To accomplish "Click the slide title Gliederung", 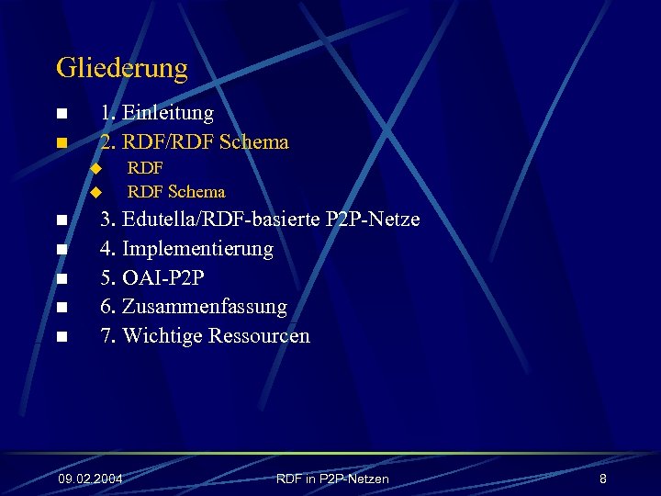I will tap(121, 68).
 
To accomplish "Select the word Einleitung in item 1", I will tap(168, 113).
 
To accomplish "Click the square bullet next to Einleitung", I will tap(61, 114).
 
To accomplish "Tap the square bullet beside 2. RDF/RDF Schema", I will tap(61, 143).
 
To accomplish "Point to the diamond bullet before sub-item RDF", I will tap(94, 168).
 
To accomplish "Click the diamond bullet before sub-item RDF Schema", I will tap(94, 192).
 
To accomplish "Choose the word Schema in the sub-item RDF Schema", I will tap(196, 192).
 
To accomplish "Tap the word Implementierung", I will tap(197, 249).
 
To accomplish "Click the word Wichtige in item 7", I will tap(162, 336).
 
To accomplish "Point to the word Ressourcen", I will tap(259, 336).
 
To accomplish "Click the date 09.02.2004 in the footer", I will tap(90, 479).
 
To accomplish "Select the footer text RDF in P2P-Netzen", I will tap(332, 479).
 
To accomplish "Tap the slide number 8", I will tap(602, 479).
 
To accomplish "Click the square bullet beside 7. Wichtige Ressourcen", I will tap(61, 337).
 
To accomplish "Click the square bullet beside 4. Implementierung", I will tap(61, 250).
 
